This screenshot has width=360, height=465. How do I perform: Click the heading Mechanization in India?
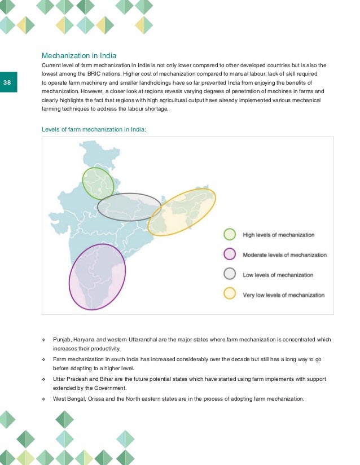[x=80, y=56]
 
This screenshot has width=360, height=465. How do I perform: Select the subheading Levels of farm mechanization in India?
[x=94, y=129]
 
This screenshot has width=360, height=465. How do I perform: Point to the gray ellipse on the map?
[x=129, y=207]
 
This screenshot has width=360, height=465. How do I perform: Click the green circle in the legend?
[x=230, y=235]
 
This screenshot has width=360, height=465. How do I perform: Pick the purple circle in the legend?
[x=230, y=255]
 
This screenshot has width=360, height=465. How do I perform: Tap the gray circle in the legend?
[x=230, y=274]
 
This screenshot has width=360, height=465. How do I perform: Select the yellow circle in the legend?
[x=230, y=294]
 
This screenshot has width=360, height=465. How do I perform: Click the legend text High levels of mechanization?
[x=278, y=235]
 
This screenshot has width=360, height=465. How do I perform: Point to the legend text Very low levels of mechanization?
[x=284, y=295]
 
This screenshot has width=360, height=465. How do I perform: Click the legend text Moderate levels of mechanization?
[x=284, y=255]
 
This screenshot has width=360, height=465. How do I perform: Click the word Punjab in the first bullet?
[x=63, y=340]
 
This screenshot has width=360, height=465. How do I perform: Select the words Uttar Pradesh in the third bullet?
[x=71, y=379]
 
